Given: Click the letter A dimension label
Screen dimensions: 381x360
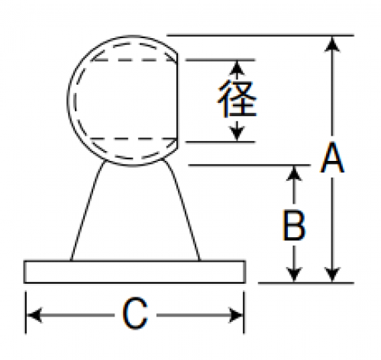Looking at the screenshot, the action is [332, 158].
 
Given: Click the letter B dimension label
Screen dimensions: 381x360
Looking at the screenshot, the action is [294, 225].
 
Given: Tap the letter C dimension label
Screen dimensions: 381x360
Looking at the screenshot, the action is [135, 313].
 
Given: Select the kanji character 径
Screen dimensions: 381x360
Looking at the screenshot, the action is [237, 98].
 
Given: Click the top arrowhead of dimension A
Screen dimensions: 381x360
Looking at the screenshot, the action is [332, 43].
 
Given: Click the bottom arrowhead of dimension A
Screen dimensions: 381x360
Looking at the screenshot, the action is [332, 275].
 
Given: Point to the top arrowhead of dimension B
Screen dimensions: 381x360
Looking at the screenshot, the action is [294, 173].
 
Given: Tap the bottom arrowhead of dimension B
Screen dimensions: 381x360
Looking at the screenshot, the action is [294, 275].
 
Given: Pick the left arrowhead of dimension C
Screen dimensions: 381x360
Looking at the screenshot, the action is [34, 315].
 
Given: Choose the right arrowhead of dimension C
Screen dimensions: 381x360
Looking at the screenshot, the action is [236, 315].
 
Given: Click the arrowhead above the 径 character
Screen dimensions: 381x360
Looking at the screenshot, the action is [237, 68].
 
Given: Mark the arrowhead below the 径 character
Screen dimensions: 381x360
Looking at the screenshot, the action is [237, 134].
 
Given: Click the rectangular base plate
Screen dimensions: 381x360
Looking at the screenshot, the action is [134, 272].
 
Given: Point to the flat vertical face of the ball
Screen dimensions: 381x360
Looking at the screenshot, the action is [177, 101].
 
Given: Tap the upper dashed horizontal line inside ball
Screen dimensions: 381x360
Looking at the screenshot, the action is [134, 60].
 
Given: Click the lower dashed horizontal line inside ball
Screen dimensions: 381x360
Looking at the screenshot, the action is [134, 139].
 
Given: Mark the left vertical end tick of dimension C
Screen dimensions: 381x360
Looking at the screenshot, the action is [26, 313].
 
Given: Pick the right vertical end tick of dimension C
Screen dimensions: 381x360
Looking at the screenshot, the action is [244, 313].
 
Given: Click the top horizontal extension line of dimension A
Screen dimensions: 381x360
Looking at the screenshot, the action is [260, 35].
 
